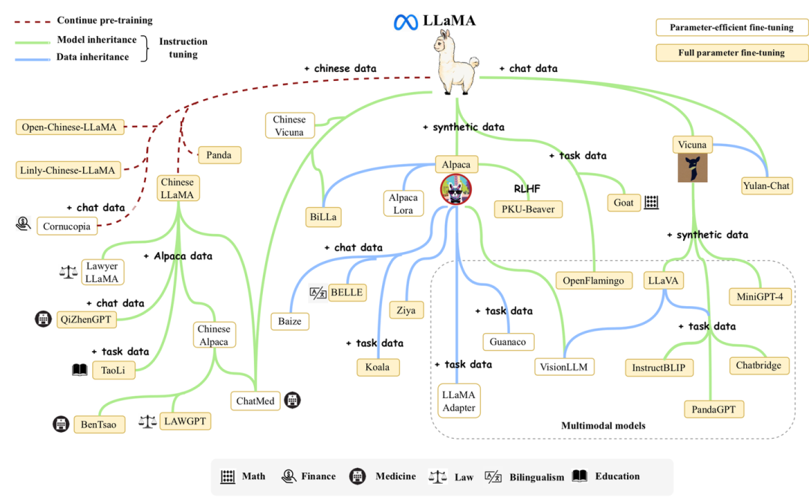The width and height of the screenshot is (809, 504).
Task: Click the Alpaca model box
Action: coord(456,165)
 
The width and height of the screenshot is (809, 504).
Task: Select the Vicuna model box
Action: coord(692,145)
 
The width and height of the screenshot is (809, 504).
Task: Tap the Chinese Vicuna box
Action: coord(289,125)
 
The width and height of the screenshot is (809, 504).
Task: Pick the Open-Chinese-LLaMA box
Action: coord(70,127)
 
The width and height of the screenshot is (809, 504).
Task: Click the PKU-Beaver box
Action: coord(528,209)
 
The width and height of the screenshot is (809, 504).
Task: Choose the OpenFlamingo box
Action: coord(593,280)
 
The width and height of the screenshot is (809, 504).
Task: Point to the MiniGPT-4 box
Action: coord(760,296)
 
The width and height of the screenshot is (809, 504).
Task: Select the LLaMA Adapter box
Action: coord(458,400)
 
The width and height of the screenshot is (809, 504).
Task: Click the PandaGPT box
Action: coord(714,409)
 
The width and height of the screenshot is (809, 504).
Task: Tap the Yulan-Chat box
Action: coord(766,186)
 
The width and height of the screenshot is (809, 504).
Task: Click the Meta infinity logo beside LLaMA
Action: coord(405,22)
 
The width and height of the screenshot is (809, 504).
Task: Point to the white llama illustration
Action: coord(455,62)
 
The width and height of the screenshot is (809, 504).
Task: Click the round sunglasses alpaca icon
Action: coord(456,189)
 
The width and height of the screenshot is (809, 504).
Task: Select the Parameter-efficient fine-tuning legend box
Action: coord(732,27)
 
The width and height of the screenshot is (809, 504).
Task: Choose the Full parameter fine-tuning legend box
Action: coord(732,52)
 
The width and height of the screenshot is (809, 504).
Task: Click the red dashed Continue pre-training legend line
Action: coord(32,22)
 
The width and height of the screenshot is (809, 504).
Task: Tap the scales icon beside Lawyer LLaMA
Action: coord(69,271)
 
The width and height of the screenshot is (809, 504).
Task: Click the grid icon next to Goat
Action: coord(652,202)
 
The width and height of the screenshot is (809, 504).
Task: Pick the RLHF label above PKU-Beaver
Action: coord(527,189)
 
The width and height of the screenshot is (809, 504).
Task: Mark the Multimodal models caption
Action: coord(603,425)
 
